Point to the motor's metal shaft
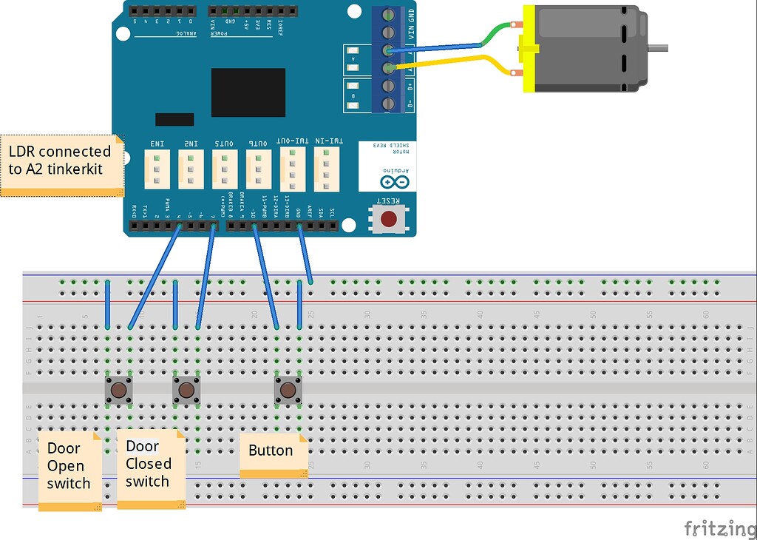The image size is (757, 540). click(x=658, y=49)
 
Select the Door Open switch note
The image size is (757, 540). click(x=69, y=470)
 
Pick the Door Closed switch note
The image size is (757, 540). click(x=150, y=468)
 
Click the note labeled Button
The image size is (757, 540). click(x=272, y=453)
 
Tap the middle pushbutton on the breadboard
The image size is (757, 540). click(x=186, y=390)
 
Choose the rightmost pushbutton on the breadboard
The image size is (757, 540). click(x=288, y=390)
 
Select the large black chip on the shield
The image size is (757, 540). click(x=248, y=92)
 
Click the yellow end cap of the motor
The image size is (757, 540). click(x=529, y=49)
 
